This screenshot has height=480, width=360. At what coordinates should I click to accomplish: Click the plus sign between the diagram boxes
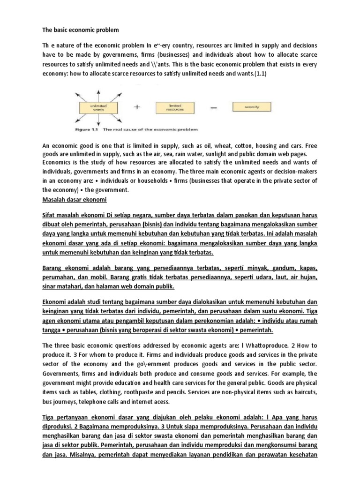pos(137,94)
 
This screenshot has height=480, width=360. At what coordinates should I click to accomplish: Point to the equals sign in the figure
pos(214,95)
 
